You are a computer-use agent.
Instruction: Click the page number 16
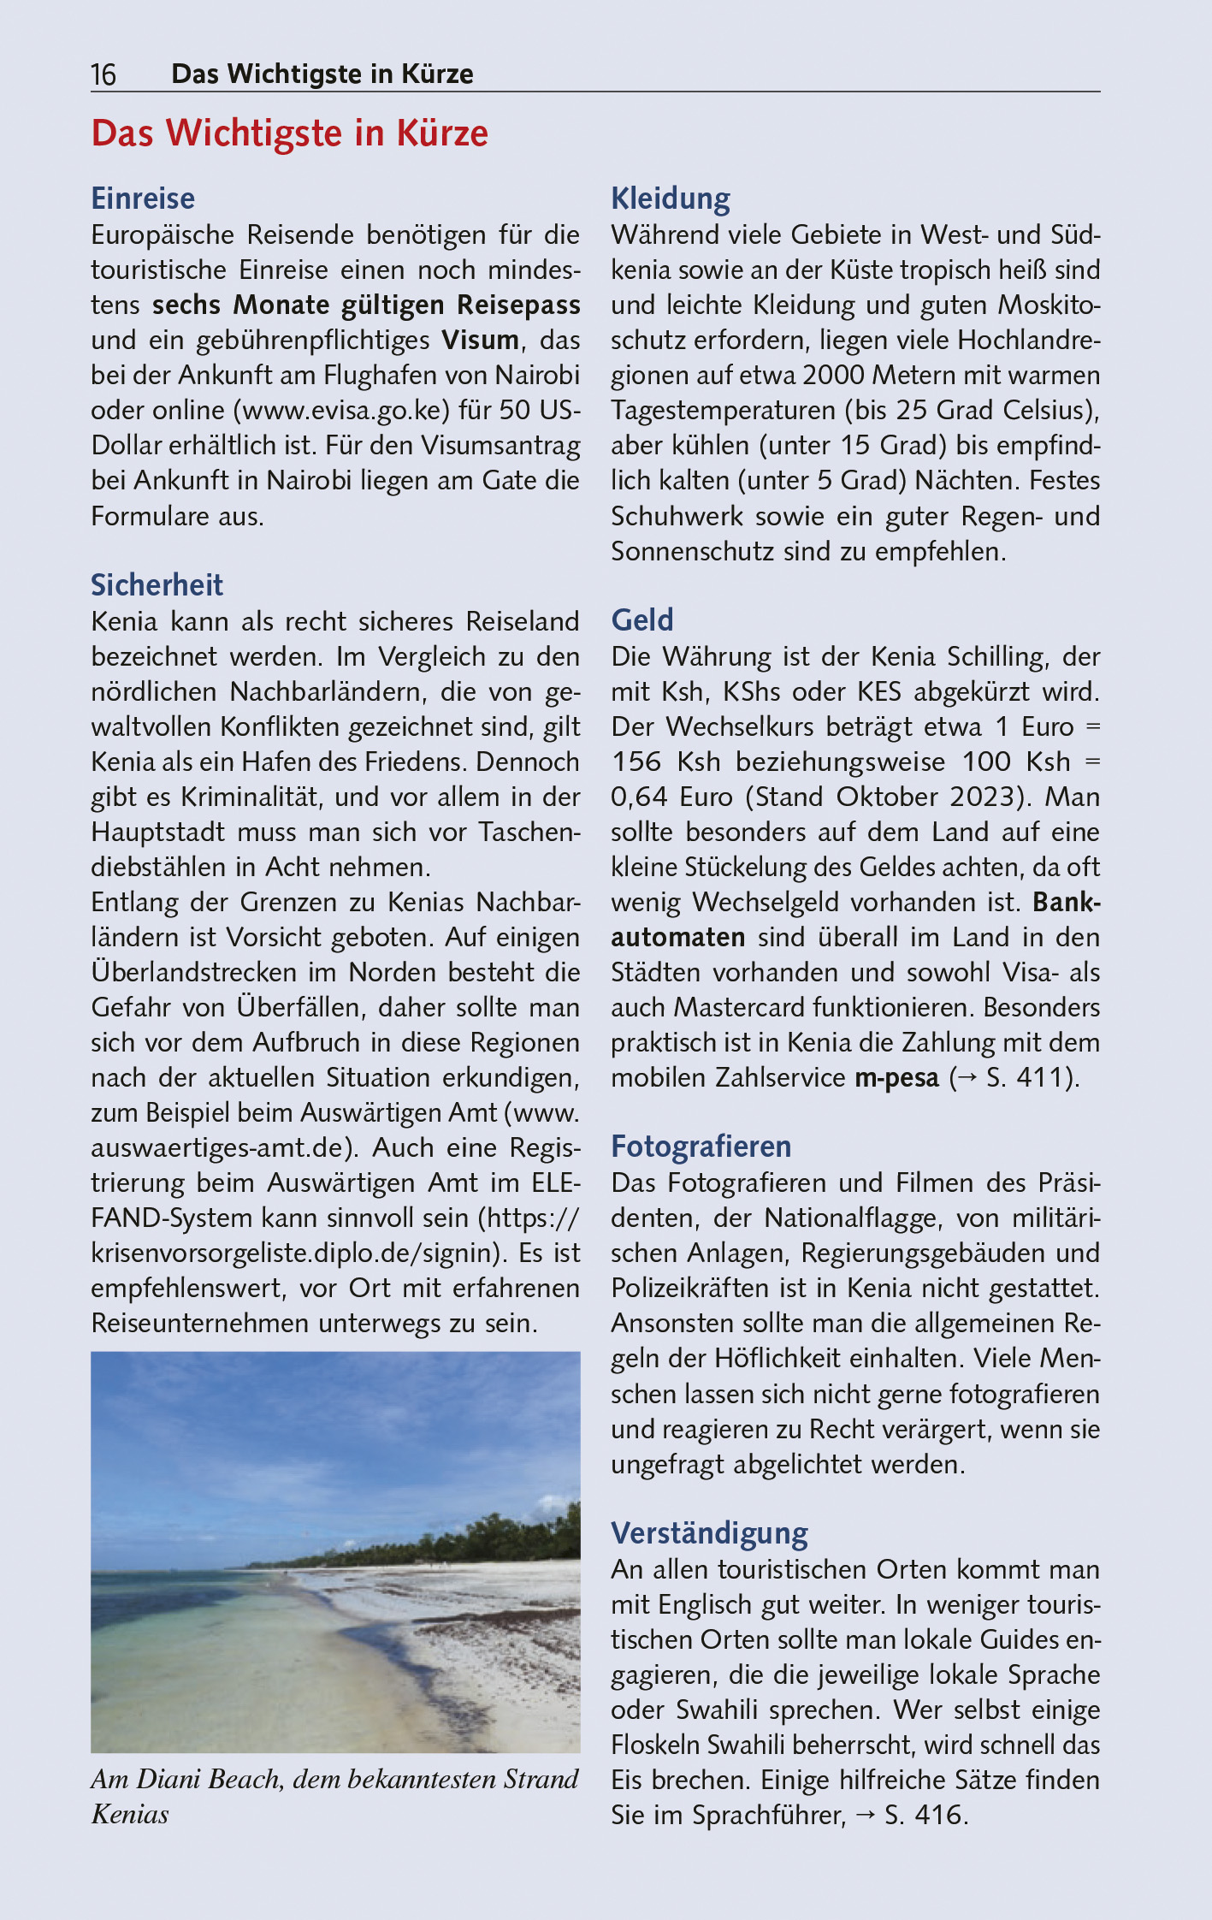[103, 75]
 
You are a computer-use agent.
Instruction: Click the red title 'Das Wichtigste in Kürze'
[289, 133]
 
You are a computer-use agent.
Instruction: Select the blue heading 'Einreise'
[143, 199]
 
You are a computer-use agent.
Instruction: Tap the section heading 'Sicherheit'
[157, 585]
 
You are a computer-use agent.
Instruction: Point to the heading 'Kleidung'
[671, 199]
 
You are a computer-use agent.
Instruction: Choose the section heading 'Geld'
[642, 620]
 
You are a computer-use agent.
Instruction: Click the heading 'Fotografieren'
[701, 1147]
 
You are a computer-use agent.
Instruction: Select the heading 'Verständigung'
[709, 1533]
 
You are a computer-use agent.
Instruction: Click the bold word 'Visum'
[480, 340]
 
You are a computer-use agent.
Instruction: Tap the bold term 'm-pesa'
[896, 1077]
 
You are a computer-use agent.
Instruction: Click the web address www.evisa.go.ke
[342, 410]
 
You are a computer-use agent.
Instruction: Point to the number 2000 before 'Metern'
[834, 375]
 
